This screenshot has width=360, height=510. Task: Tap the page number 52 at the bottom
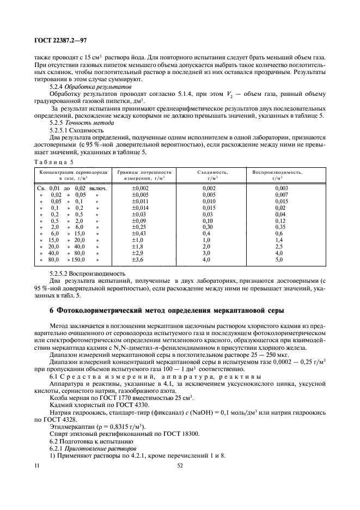coord(180,465)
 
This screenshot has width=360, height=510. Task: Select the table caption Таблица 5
coord(54,162)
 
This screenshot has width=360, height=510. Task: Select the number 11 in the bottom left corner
coord(37,465)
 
